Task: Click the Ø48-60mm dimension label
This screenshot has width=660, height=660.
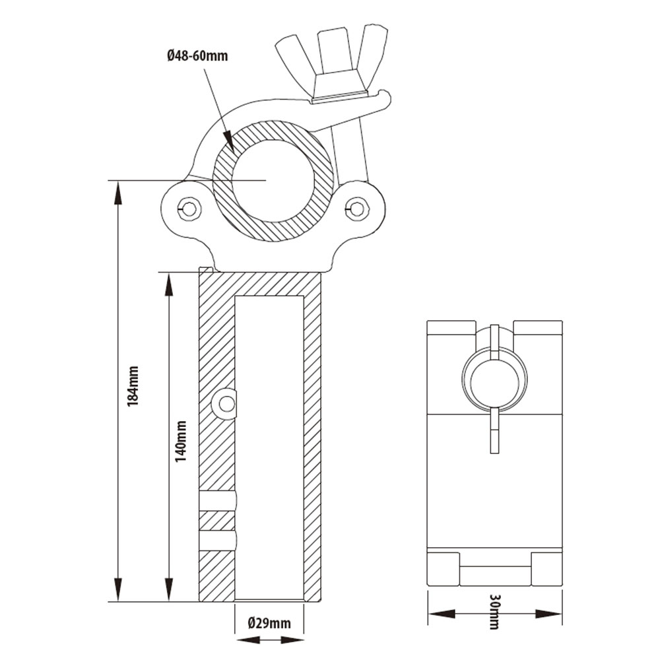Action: [197, 56]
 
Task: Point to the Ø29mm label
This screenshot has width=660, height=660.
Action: [269, 623]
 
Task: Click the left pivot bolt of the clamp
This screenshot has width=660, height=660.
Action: [190, 209]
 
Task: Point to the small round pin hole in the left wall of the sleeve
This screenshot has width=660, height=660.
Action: [226, 404]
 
